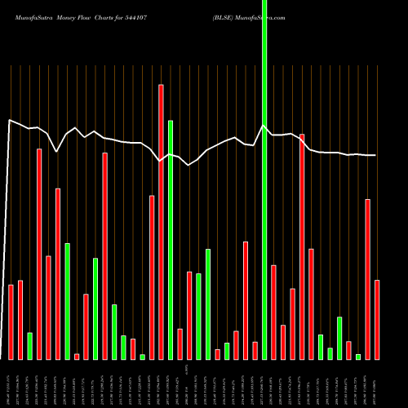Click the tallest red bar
[x=161, y=220]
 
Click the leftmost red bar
[x=11, y=322]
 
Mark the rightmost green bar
[x=358, y=357]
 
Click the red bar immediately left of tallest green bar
[x=255, y=350]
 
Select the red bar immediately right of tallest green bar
[x=273, y=312]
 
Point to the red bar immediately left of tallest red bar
[x=152, y=277]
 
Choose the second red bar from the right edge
[x=367, y=279]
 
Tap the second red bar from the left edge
[x=20, y=319]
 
